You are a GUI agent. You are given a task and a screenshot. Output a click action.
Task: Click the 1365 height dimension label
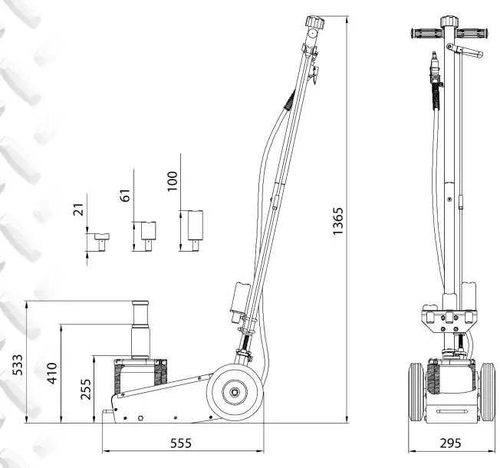pyautogui.click(x=338, y=221)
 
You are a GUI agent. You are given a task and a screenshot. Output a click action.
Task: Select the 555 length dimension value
pyautogui.click(x=181, y=443)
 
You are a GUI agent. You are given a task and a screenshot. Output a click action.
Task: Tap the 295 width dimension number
pyautogui.click(x=451, y=443)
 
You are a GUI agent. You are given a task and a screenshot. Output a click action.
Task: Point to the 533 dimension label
pyautogui.click(x=17, y=364)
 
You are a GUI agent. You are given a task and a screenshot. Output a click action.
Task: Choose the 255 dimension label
pyautogui.click(x=85, y=389)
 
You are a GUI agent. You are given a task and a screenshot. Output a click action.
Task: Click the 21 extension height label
pyautogui.click(x=78, y=209)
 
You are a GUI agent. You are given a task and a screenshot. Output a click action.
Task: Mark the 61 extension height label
pyautogui.click(x=125, y=196)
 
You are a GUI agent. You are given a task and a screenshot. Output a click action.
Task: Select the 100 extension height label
pyautogui.click(x=173, y=181)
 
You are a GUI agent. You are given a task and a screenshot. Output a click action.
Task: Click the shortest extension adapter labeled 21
pyautogui.click(x=101, y=242)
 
